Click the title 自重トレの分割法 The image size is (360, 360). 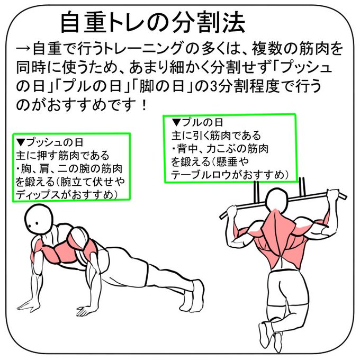pos(153,22)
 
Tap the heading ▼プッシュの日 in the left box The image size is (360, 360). pos(49,142)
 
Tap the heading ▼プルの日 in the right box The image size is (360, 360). pos(197,122)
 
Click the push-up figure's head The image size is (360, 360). pos(39,219)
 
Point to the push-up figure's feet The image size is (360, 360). pos(192,296)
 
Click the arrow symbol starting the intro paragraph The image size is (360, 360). pos(23,49)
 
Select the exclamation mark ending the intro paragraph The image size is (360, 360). pos(144,105)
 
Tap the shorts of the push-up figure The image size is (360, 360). pos(125,266)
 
